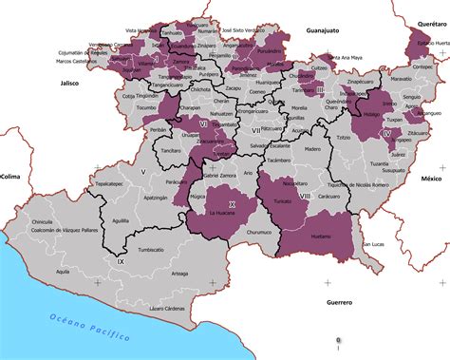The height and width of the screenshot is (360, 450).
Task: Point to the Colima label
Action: click(x=10, y=177)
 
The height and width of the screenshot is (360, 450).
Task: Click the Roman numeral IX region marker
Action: click(x=120, y=260)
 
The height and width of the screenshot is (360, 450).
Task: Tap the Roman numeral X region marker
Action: click(x=231, y=203)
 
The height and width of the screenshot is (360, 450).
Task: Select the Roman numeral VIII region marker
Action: click(x=304, y=197)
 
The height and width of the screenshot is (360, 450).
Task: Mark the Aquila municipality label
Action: click(x=63, y=271)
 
